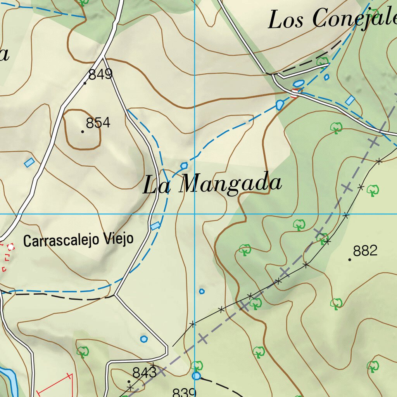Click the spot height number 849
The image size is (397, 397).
100,74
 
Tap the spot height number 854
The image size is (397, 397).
98,123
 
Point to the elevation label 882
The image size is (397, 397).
365,251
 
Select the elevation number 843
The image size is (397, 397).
144,373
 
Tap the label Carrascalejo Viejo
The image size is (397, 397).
78,240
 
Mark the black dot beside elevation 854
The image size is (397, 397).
83,132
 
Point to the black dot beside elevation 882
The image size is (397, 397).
350,259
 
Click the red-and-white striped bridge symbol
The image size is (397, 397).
295,93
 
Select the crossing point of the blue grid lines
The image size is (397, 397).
195,214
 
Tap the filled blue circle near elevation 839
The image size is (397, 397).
197,376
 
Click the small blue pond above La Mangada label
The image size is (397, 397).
184,166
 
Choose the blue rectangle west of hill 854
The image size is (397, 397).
29,162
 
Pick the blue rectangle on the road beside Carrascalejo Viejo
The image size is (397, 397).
155,226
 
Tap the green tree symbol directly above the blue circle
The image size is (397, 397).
197,365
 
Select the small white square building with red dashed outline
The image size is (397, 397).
10,246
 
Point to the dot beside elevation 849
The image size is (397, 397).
85,83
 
